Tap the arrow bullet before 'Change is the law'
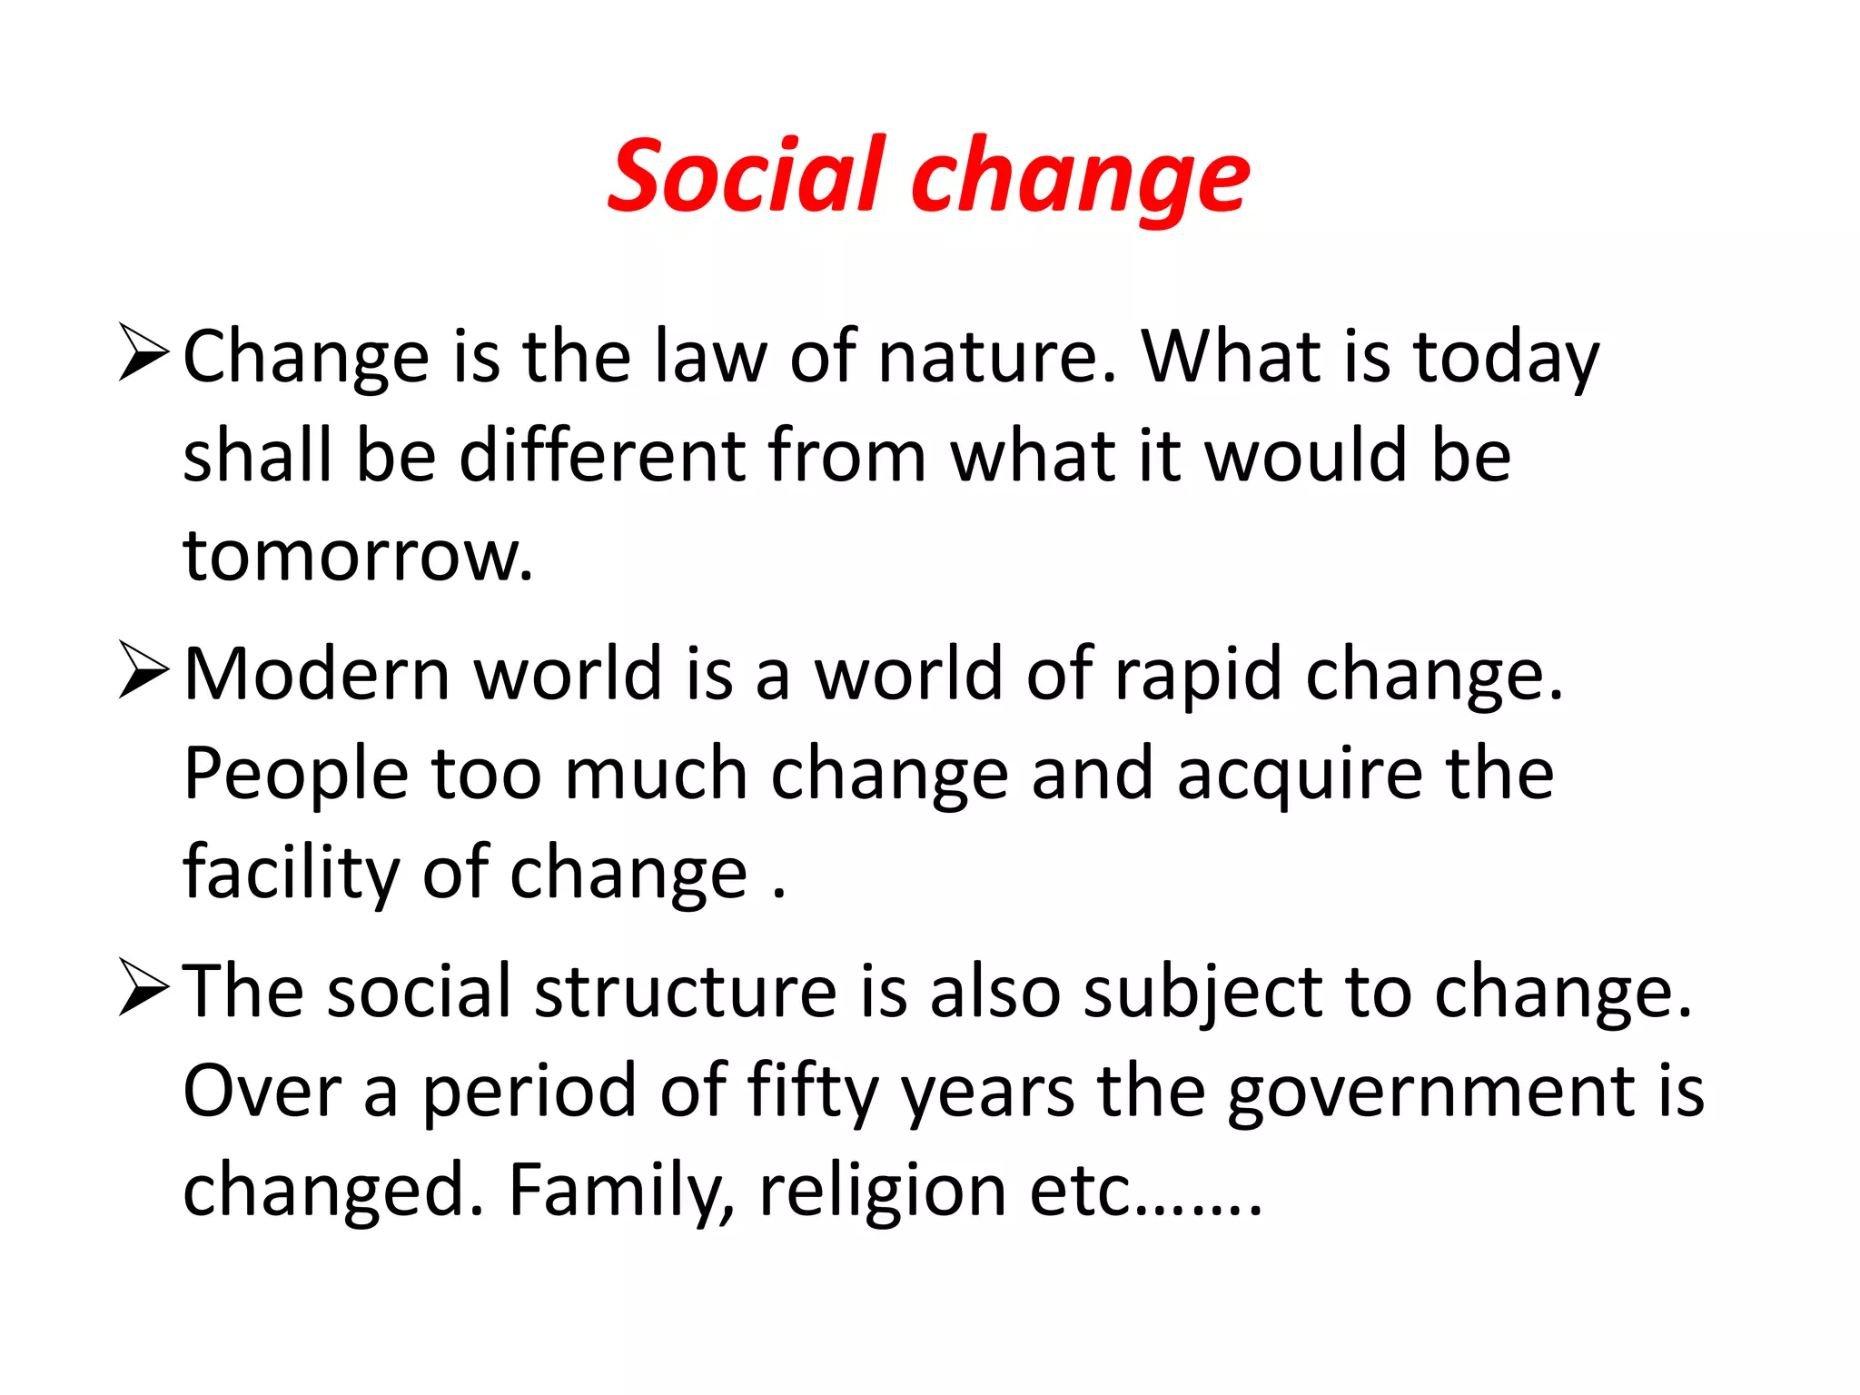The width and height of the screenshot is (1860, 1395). point(143,355)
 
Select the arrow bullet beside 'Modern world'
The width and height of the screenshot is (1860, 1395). point(143,672)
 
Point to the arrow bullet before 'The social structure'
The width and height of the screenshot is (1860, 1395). point(143,990)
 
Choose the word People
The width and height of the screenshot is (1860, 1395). point(296,775)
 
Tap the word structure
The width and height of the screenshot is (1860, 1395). point(686,991)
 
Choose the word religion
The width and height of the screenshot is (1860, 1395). point(882,1192)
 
